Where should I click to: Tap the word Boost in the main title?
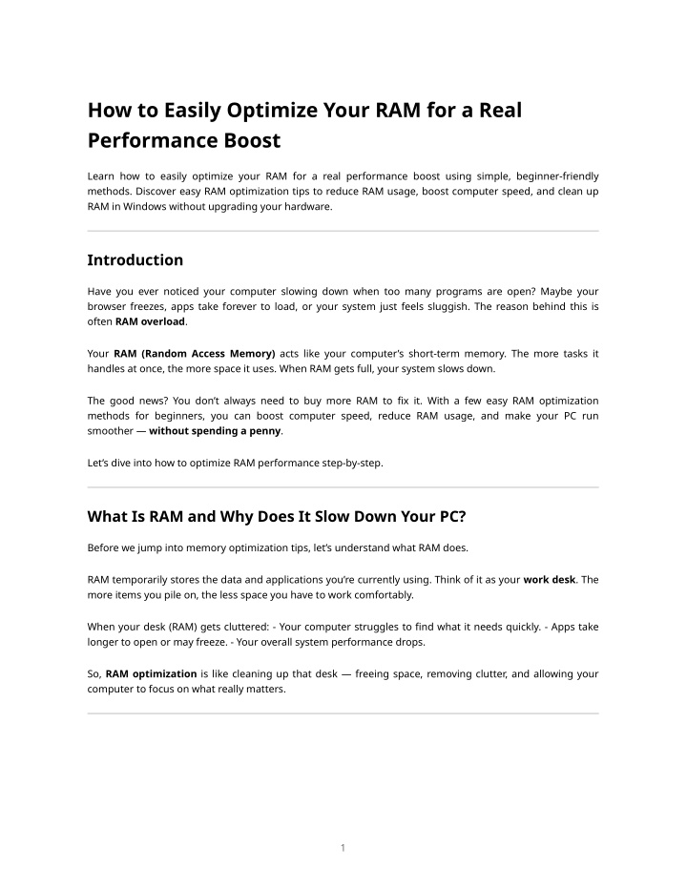250,141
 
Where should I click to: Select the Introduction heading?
135,259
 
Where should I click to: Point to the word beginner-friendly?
556,176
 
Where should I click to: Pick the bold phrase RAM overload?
150,320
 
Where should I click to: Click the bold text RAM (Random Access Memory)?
195,353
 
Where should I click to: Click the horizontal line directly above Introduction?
343,231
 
